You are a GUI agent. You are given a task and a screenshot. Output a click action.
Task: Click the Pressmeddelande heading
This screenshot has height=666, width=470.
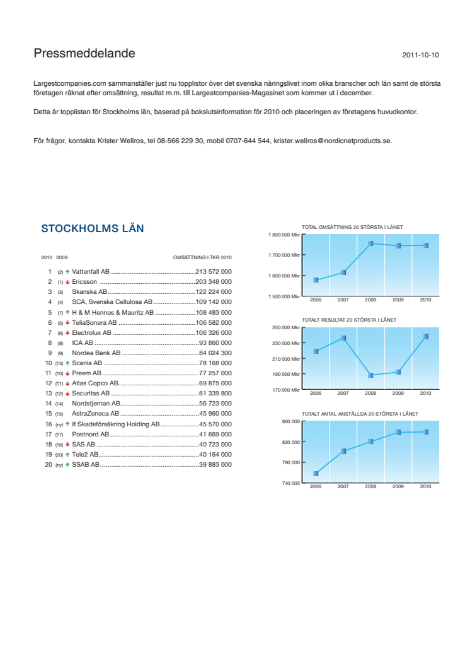click(x=84, y=54)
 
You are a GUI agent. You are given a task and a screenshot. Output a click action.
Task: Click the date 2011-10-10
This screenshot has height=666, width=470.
click(x=420, y=56)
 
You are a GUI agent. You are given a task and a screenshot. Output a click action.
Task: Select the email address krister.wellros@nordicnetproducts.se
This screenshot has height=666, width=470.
click(x=333, y=141)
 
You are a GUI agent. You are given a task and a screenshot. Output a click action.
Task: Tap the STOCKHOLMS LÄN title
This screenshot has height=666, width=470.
click(x=92, y=228)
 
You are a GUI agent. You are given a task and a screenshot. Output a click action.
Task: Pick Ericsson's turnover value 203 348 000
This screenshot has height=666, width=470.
click(x=214, y=281)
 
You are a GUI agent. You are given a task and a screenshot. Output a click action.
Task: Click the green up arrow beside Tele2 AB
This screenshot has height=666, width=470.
click(x=67, y=455)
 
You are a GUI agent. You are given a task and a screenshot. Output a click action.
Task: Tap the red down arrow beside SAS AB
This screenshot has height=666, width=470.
click(x=67, y=445)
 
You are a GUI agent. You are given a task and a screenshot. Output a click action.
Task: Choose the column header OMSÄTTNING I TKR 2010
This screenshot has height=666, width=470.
click(x=202, y=257)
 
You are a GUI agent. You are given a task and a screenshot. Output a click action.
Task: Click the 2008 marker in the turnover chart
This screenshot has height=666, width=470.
click(x=370, y=243)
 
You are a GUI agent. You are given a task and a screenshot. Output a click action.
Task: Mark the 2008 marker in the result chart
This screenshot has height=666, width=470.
click(x=370, y=375)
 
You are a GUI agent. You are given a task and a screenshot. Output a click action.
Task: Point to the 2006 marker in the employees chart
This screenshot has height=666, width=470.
click(x=316, y=474)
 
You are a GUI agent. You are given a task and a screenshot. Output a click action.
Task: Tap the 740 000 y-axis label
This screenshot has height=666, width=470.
click(x=291, y=483)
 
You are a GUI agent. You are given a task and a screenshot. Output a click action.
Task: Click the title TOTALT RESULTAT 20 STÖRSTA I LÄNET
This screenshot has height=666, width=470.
click(x=349, y=320)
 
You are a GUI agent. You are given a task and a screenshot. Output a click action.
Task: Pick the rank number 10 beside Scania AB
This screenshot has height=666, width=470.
click(x=49, y=363)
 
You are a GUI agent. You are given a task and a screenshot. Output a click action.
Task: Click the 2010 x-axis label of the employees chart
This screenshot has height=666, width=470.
click(x=425, y=487)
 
